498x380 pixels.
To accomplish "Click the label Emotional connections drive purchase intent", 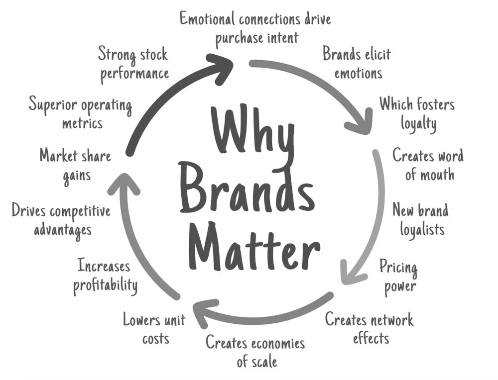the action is (x=254, y=28).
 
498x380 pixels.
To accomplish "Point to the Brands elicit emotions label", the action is (x=357, y=63).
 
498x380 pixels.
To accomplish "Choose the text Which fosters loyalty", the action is (x=417, y=113).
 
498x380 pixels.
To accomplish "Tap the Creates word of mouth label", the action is (x=428, y=165).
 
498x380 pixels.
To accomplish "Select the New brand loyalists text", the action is (x=420, y=219).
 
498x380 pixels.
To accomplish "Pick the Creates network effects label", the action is (x=370, y=328).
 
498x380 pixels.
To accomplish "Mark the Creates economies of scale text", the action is (x=255, y=351).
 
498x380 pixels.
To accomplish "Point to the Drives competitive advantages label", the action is (x=61, y=220).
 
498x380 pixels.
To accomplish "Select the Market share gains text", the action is (x=75, y=165).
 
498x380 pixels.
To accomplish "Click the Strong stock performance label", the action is (x=133, y=63).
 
